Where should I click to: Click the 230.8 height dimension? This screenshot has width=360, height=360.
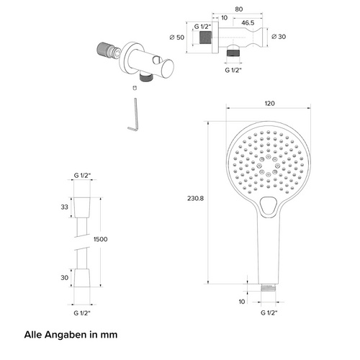[195, 199]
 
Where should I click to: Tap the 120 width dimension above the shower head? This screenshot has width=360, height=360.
[269, 104]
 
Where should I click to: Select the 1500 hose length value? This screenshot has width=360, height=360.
[101, 239]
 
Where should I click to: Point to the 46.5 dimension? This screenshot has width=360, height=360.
[248, 23]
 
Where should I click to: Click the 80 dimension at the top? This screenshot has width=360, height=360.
[238, 9]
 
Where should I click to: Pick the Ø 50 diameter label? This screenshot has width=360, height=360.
[177, 37]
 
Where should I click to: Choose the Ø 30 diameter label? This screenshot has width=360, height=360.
[279, 37]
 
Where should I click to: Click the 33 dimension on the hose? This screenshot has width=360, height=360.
[64, 207]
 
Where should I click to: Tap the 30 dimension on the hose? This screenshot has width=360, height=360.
[64, 278]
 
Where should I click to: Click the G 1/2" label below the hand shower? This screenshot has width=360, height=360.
[269, 312]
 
